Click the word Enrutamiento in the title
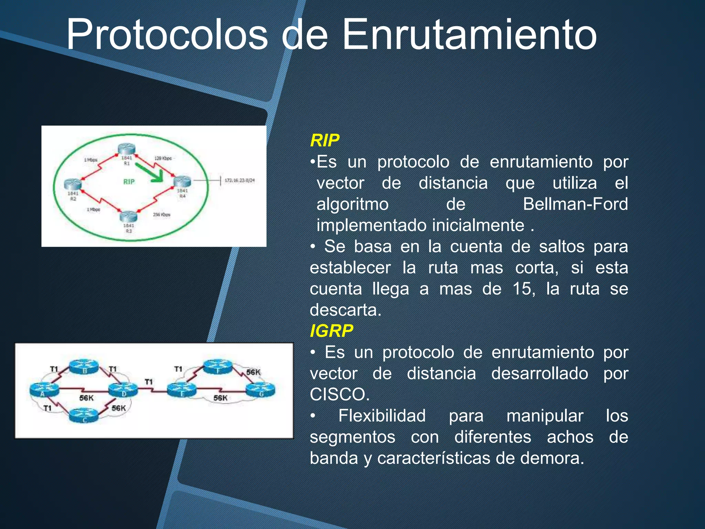[x=470, y=34]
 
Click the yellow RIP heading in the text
[x=325, y=141]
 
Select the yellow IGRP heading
[x=331, y=331]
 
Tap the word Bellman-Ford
[x=575, y=204]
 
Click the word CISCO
[x=339, y=394]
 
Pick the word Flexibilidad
[x=382, y=416]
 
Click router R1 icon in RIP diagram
[x=126, y=149]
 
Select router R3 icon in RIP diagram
[x=128, y=217]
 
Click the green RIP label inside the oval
[x=129, y=182]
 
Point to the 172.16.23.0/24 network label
[x=240, y=180]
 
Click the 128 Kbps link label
[x=163, y=158]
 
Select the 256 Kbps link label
[x=161, y=215]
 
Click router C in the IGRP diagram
[x=84, y=415]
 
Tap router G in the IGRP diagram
[x=261, y=390]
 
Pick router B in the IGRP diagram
[x=84, y=366]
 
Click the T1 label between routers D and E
[x=149, y=382]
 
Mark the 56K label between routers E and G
[x=220, y=398]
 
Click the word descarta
[x=345, y=310]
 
